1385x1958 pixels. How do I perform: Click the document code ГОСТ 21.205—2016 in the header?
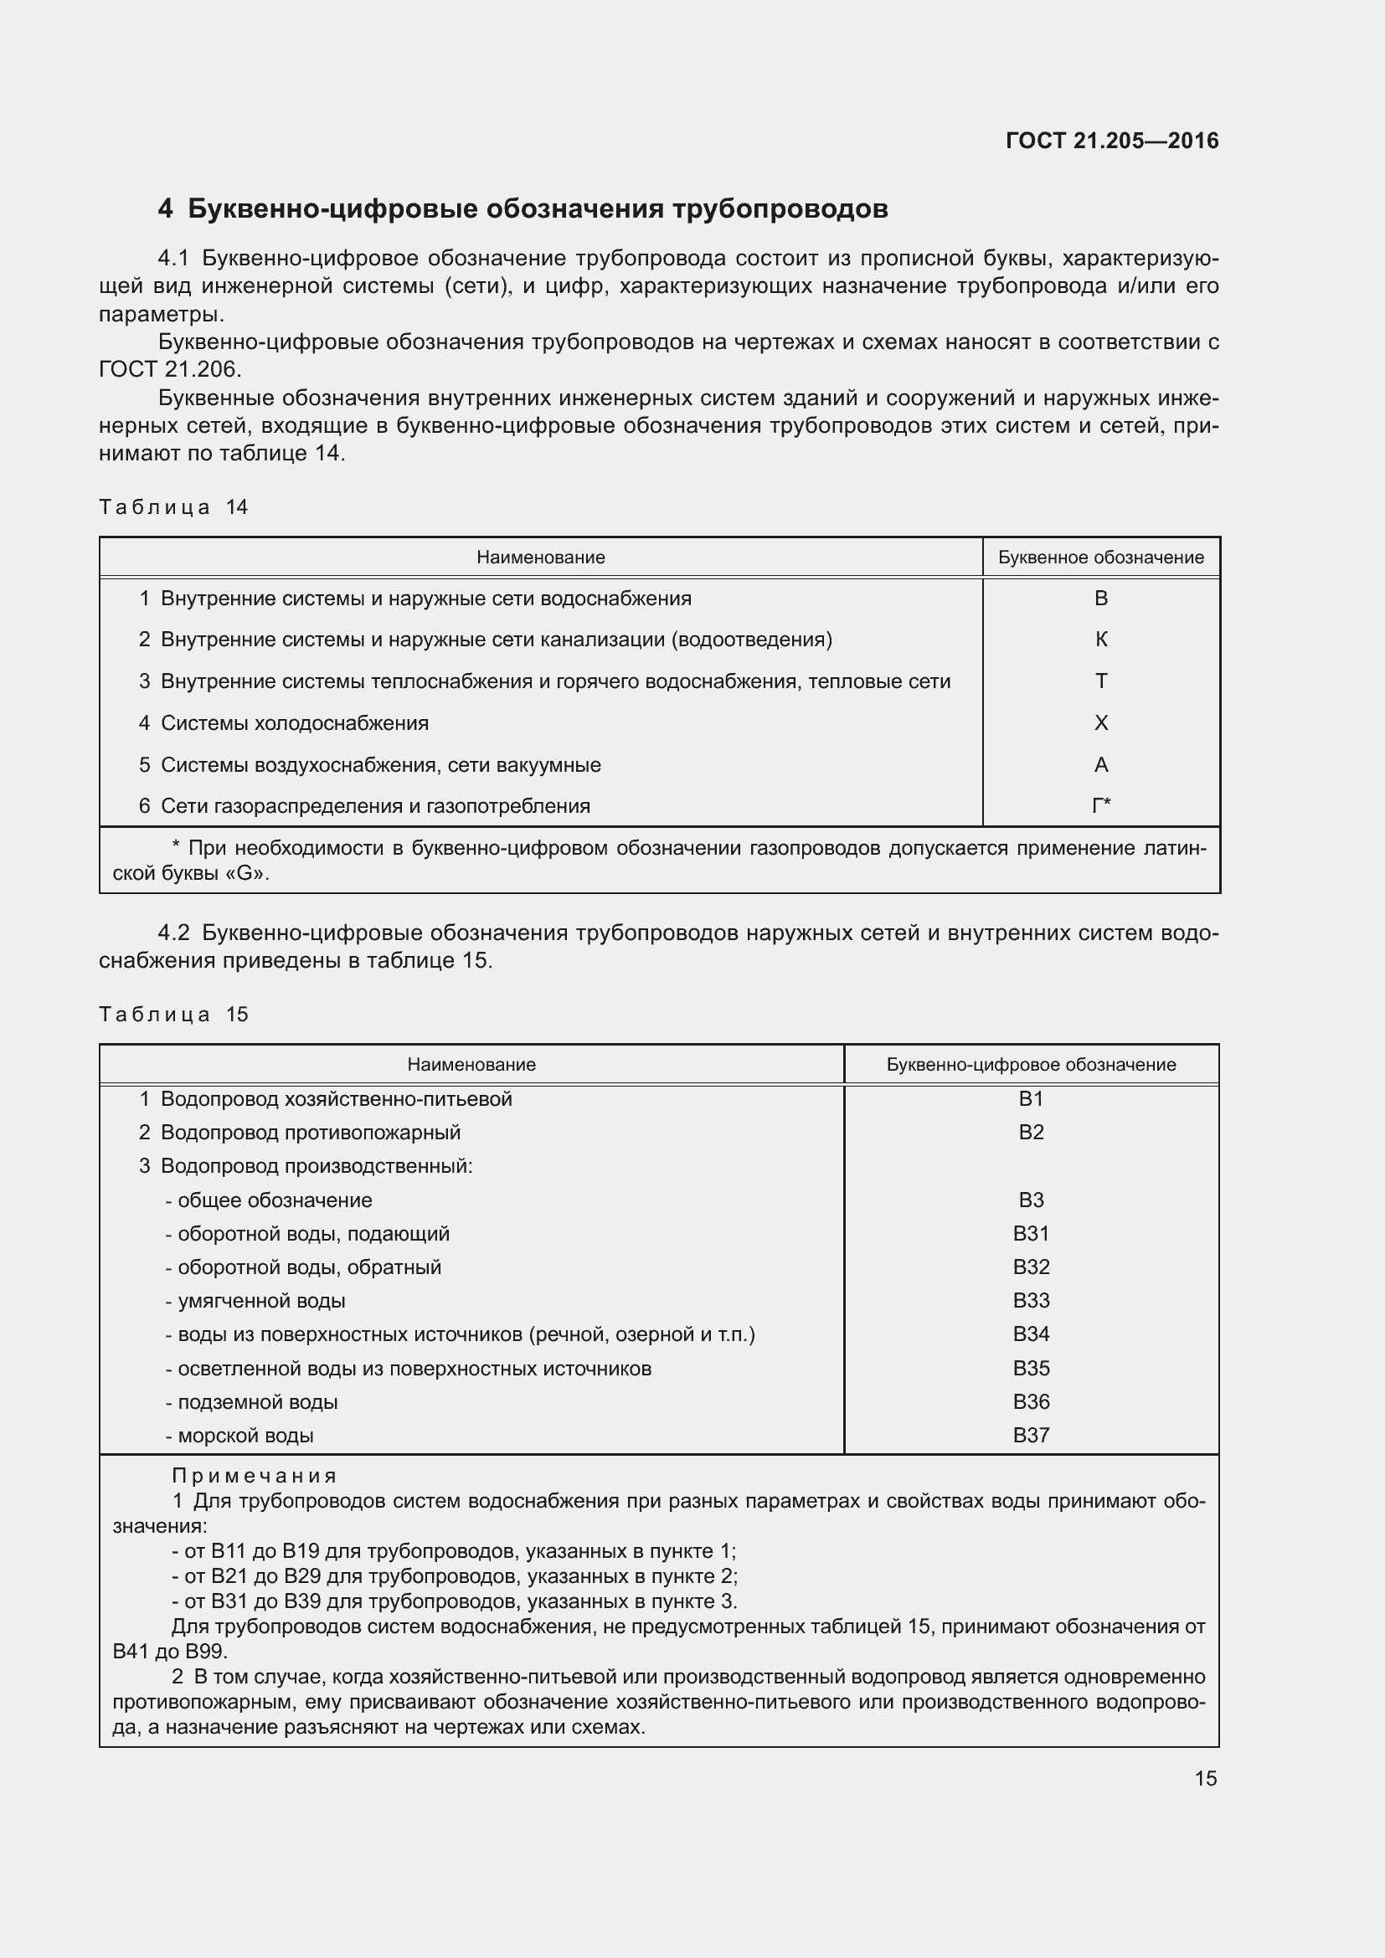[1111, 141]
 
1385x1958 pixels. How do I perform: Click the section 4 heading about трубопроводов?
[522, 209]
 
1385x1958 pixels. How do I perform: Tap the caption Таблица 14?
[173, 507]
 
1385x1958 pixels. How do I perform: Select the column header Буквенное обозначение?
[1100, 558]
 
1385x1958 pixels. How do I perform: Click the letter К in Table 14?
[1100, 640]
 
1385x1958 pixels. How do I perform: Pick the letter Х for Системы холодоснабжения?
[1100, 723]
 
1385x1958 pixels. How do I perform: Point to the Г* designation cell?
[1100, 806]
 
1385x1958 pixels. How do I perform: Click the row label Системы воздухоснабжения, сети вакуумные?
[380, 765]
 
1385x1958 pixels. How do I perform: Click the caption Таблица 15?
[173, 1015]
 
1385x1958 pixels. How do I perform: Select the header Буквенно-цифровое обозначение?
[1030, 1064]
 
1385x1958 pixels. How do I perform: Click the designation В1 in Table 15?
[1030, 1099]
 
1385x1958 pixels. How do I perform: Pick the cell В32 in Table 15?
[1030, 1267]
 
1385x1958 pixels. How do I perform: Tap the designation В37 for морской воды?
[1030, 1436]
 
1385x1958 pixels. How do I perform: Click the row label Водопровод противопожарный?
[311, 1133]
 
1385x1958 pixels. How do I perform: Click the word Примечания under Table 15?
[255, 1476]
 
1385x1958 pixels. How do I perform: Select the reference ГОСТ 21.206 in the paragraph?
[170, 369]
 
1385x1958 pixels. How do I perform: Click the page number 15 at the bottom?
[1205, 1779]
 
